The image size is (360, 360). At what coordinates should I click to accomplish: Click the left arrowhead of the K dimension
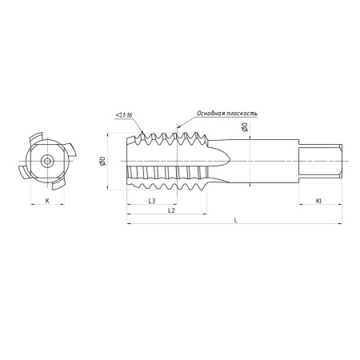click(32, 204)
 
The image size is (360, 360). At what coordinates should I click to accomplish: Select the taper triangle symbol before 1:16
click(118, 115)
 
